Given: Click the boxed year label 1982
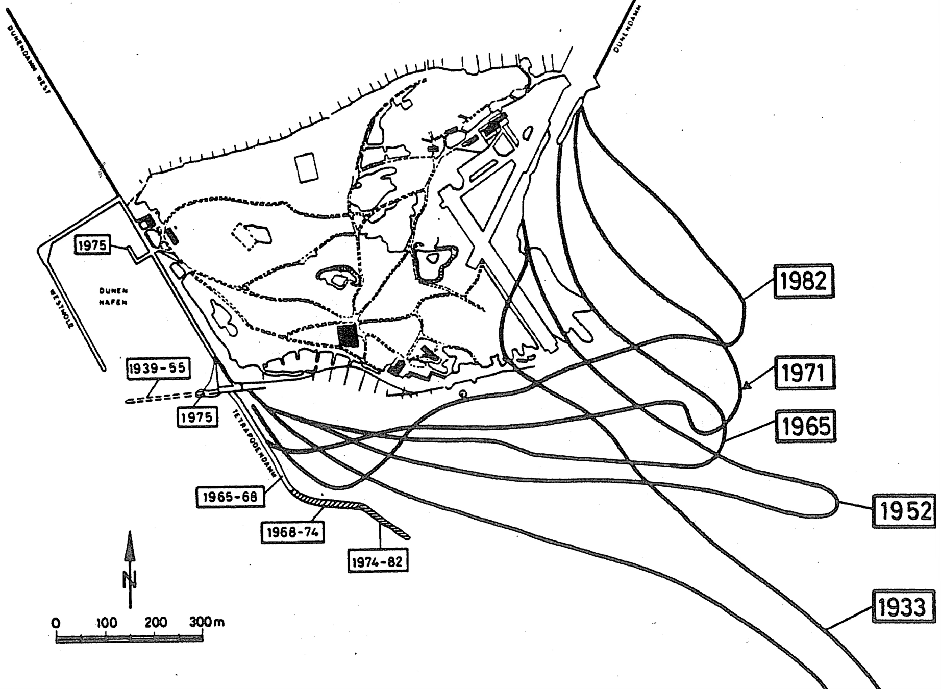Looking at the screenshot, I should click(x=804, y=281).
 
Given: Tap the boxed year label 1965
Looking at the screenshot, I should click(x=805, y=426).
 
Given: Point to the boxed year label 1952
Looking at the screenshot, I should click(x=903, y=510).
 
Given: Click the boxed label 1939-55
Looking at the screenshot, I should click(x=157, y=369).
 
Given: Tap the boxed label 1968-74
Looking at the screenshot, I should click(x=292, y=532).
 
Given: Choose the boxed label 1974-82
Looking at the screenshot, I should click(x=378, y=562).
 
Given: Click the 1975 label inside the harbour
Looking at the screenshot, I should click(x=93, y=245).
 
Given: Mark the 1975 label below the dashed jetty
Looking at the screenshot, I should click(x=197, y=417).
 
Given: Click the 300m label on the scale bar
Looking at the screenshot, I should click(x=206, y=622).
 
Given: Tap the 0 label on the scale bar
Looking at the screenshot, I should click(x=56, y=624).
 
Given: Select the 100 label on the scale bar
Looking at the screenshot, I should click(x=106, y=623).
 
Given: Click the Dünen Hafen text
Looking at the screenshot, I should click(x=113, y=297).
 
